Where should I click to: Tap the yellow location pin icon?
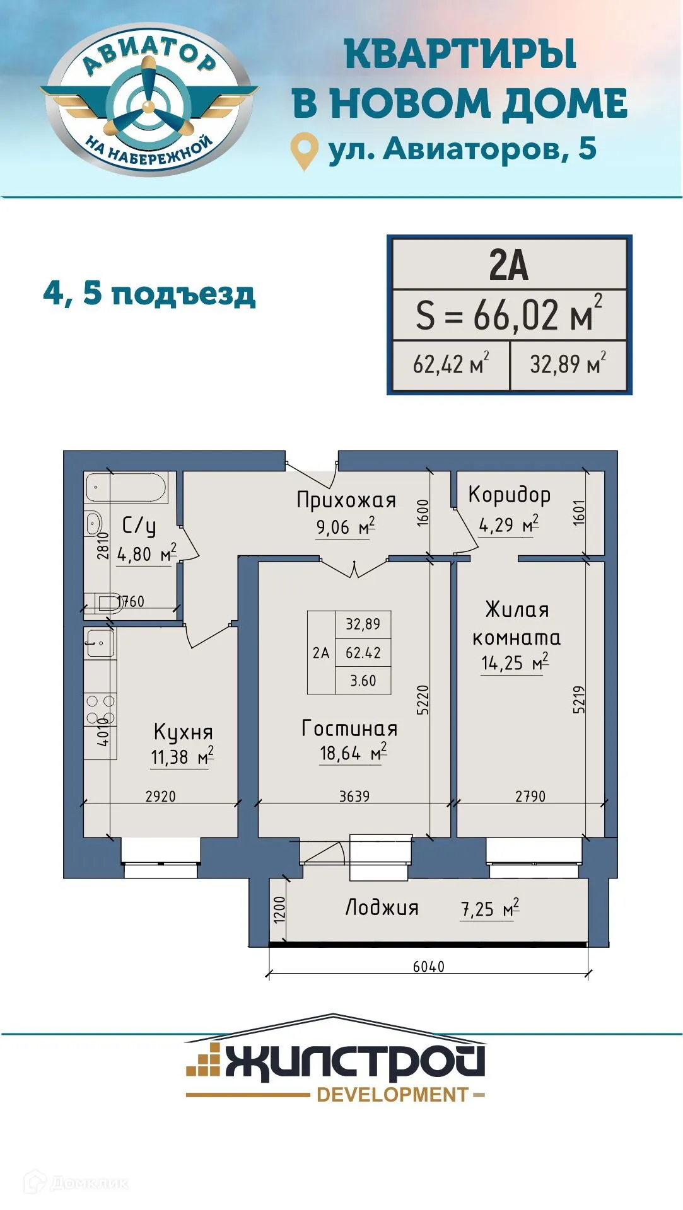click(x=304, y=150)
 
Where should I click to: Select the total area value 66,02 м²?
click(x=508, y=314)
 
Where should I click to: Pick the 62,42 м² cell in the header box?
click(x=450, y=364)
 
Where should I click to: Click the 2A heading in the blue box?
click(x=508, y=265)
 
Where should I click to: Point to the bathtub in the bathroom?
click(x=126, y=488)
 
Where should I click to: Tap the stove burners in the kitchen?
click(x=100, y=710)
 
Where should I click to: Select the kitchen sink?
click(x=100, y=643)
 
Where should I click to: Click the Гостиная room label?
click(x=350, y=729)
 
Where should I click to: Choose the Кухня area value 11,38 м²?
click(x=182, y=756)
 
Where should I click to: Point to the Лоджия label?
click(x=382, y=907)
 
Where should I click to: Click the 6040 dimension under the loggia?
click(x=429, y=966)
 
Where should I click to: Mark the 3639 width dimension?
click(x=354, y=797)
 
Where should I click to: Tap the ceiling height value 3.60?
click(x=363, y=681)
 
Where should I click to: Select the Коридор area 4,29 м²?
click(x=508, y=524)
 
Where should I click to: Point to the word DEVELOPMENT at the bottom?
click(x=392, y=1095)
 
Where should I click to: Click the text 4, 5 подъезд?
click(x=149, y=294)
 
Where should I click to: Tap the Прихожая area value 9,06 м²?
click(x=346, y=527)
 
